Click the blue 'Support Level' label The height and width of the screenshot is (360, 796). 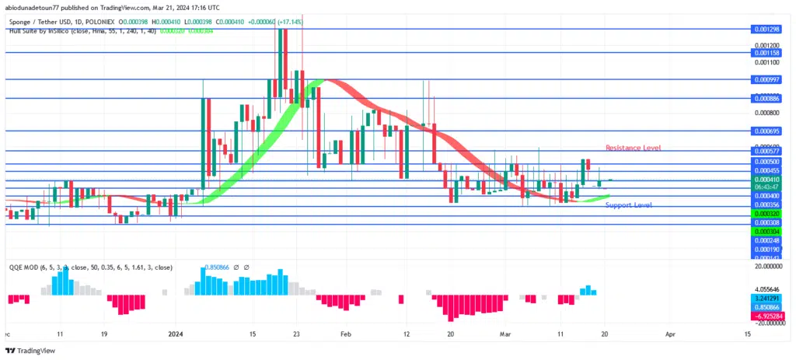click(x=628, y=204)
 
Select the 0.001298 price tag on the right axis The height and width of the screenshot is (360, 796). click(x=766, y=29)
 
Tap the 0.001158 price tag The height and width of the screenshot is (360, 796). click(x=766, y=53)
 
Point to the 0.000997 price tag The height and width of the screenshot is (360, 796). click(x=766, y=79)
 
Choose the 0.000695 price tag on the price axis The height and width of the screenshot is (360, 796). click(x=766, y=131)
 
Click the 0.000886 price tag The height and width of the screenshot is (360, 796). click(x=766, y=99)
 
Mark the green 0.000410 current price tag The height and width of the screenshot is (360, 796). click(x=766, y=180)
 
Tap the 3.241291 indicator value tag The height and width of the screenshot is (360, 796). click(x=766, y=298)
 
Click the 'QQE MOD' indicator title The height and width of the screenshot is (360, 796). click(x=24, y=267)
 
